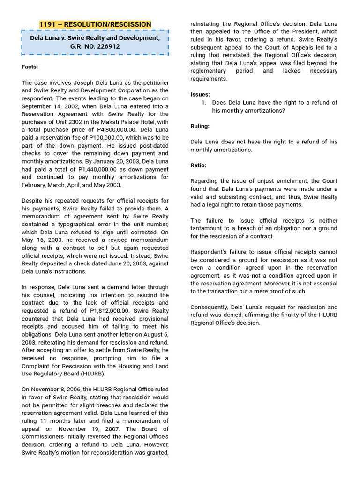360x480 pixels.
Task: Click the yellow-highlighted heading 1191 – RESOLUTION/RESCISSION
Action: click(95, 24)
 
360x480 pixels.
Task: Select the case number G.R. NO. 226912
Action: click(95, 46)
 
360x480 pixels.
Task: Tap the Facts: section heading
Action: click(30, 67)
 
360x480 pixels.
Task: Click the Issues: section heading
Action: click(200, 94)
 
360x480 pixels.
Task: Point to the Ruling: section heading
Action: click(200, 126)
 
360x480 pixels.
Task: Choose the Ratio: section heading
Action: click(198, 165)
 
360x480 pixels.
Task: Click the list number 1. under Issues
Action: click(204, 103)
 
